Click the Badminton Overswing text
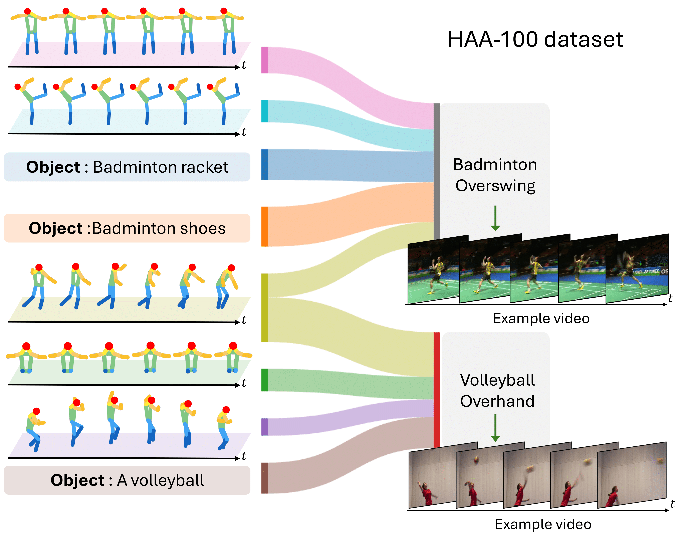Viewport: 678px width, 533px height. tap(495, 175)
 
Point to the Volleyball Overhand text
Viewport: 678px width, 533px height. tap(497, 390)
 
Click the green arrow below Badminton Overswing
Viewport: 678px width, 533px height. tap(495, 218)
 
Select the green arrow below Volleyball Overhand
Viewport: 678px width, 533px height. tap(495, 428)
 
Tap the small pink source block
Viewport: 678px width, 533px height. tap(264, 60)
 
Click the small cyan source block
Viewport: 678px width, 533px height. tap(264, 111)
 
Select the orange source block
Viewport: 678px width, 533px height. tap(264, 227)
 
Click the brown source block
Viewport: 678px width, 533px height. tap(264, 478)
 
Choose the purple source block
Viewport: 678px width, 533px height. tap(264, 427)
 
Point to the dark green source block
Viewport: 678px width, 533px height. tap(264, 380)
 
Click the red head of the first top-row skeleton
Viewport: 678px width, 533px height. tap(27, 11)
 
